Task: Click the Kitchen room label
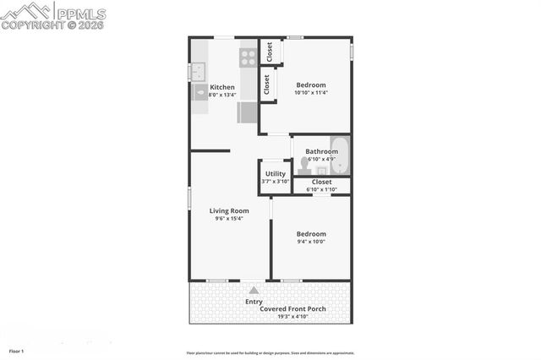coord(222,87)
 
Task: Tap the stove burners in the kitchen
coord(248,57)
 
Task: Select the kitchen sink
coord(199,71)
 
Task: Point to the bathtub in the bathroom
coord(340,154)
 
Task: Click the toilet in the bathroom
coord(304,165)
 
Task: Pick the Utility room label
coord(276,173)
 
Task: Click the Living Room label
coord(229,210)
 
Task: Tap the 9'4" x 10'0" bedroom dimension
coord(310,242)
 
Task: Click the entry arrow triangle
coord(253,290)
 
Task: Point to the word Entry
coord(254,302)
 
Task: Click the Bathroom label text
coord(321,151)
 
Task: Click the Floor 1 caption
coord(17,351)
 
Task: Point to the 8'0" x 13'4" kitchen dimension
coord(222,95)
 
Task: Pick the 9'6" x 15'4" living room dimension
coord(229,219)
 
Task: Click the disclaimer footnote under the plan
coord(270,353)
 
